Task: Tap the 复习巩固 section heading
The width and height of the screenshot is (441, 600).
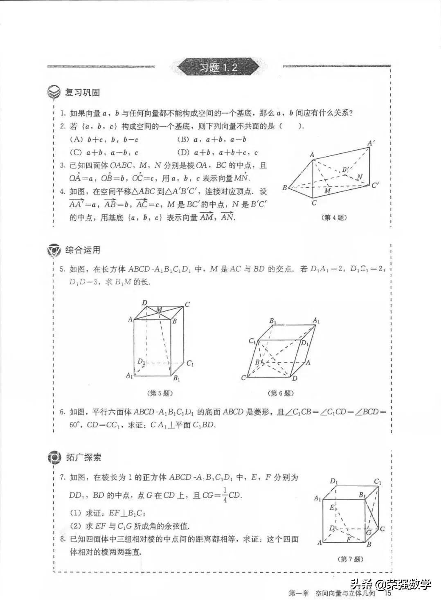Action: pos(83,92)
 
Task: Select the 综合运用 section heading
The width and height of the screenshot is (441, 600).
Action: pos(83,250)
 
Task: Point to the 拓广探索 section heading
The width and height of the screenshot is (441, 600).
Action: pos(83,457)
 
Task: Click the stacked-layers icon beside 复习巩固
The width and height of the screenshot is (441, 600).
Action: pos(54,93)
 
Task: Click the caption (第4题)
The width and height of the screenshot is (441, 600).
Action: pos(335,218)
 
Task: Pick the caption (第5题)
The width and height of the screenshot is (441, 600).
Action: pos(159,393)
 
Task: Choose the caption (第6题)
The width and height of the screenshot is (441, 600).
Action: pos(281,393)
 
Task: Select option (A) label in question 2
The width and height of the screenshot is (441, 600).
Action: pos(76,139)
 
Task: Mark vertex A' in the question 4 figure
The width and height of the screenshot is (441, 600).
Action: pos(371,143)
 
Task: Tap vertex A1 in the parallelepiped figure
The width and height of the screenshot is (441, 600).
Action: pos(316,321)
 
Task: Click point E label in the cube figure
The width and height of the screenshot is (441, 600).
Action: pos(332,507)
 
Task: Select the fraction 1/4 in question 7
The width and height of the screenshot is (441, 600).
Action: pos(225,495)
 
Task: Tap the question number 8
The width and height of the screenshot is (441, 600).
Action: pos(63,539)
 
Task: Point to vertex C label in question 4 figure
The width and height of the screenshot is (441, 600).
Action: pos(314,202)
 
